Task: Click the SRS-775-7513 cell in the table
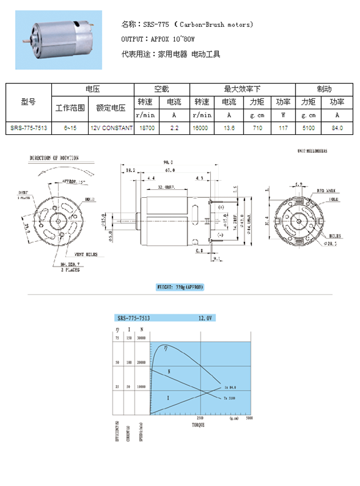29,129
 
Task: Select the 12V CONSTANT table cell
111,129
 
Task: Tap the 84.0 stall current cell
337,129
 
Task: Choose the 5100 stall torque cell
309,129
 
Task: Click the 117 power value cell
283,129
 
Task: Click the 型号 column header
29,102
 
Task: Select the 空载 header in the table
161,89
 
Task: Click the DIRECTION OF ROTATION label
54,157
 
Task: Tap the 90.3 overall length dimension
169,163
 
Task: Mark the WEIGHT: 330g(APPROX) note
179,287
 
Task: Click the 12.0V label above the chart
206,317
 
